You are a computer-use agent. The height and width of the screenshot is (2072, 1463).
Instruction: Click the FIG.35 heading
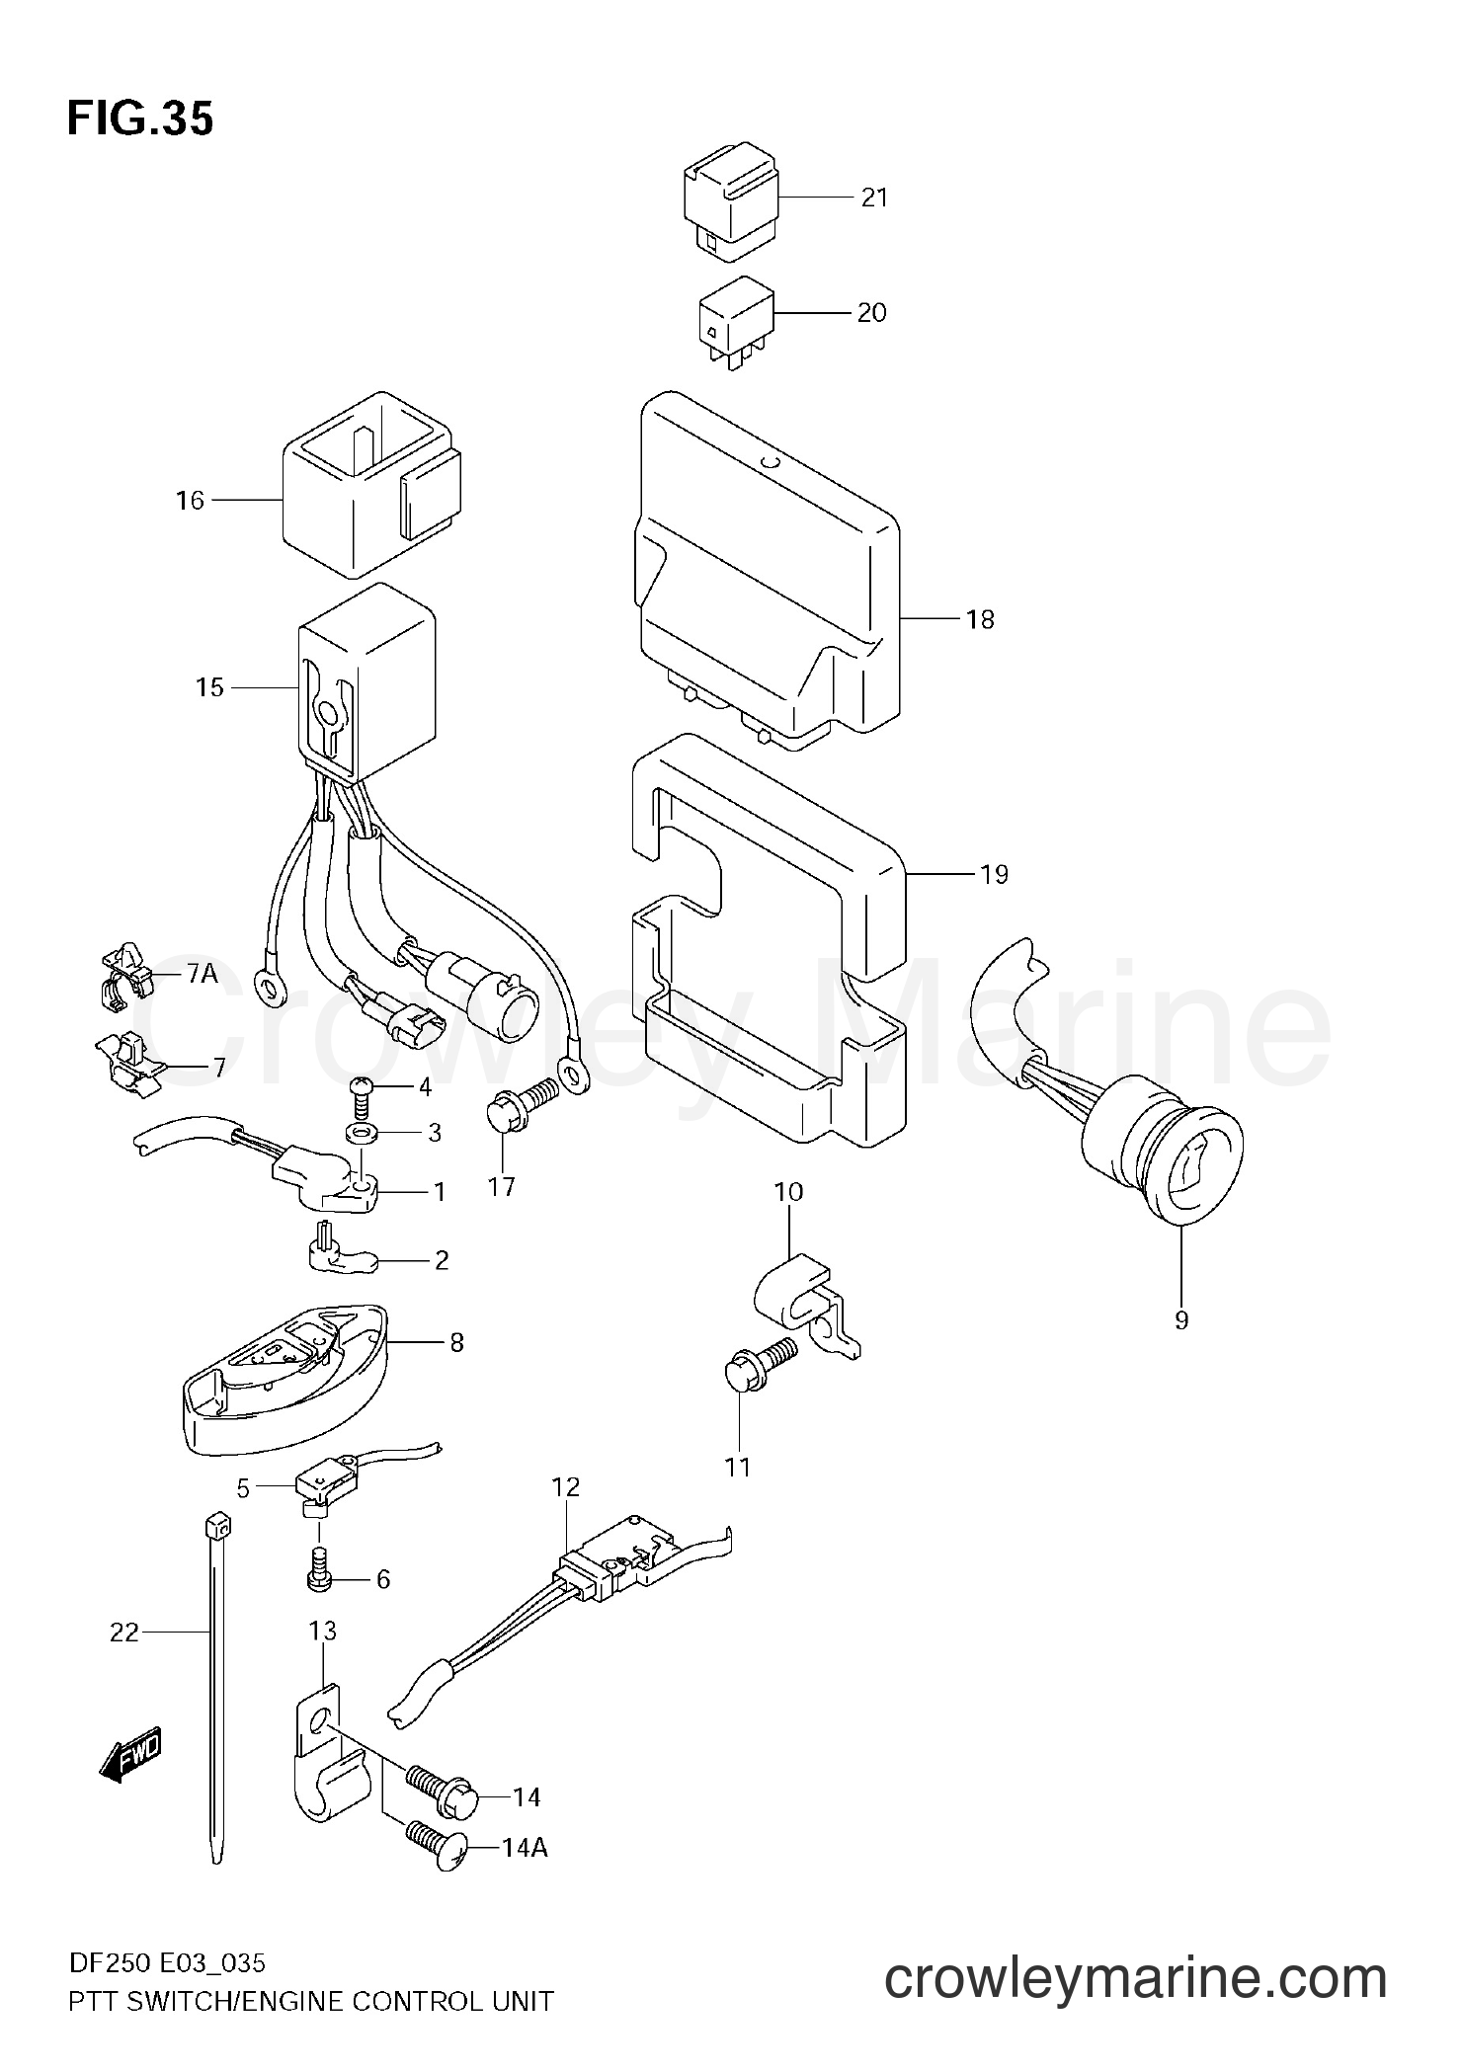pos(140,120)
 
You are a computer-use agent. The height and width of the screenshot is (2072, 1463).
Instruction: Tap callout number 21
pos(874,198)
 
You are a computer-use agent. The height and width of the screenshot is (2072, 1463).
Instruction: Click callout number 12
pos(566,1513)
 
